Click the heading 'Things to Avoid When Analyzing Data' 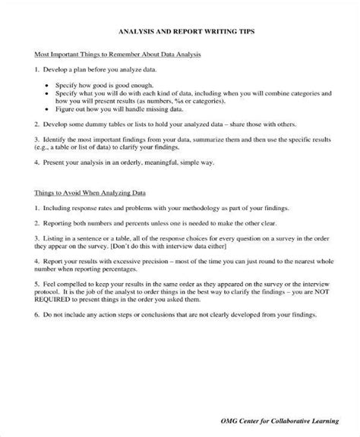[x=91, y=193]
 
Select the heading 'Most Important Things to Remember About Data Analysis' [x=118, y=56]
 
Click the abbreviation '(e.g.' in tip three [x=45, y=149]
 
